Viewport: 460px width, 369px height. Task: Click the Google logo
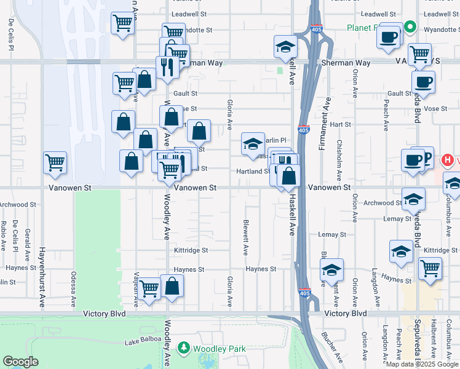(x=20, y=362)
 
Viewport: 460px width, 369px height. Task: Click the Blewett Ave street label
(x=245, y=238)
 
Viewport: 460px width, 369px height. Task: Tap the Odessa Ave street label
(x=73, y=289)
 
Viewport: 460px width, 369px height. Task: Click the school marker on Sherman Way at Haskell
(x=285, y=47)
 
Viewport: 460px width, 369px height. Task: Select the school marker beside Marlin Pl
(x=252, y=144)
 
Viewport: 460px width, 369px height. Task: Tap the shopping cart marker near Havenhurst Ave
(x=55, y=163)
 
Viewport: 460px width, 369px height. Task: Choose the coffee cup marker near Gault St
(x=423, y=81)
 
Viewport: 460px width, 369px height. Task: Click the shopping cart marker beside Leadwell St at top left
(x=123, y=24)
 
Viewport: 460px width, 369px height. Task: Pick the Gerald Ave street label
(x=27, y=241)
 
